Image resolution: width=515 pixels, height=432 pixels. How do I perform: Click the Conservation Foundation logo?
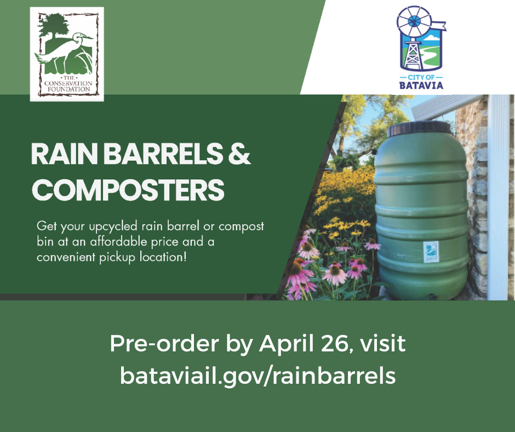click(x=66, y=54)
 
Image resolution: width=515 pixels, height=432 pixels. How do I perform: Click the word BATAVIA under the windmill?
click(x=421, y=85)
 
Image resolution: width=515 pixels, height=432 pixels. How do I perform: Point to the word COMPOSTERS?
click(x=128, y=189)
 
